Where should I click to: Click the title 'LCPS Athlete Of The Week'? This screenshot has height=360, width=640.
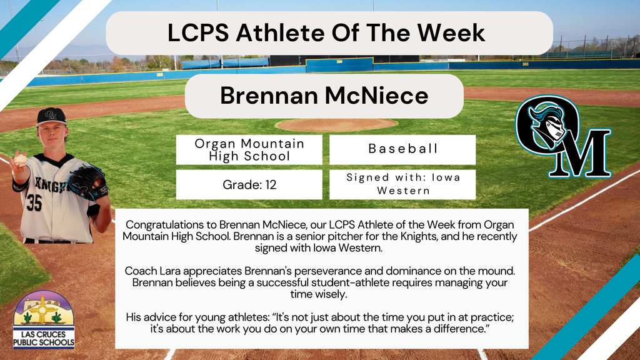(x=326, y=32)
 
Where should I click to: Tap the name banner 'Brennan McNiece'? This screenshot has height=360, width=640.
(x=324, y=96)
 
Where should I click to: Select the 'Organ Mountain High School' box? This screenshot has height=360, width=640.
(x=249, y=150)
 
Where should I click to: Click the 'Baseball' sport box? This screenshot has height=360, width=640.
(x=402, y=149)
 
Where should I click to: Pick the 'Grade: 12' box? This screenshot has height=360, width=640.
(x=249, y=184)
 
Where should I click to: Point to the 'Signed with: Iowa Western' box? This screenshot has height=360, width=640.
(x=402, y=184)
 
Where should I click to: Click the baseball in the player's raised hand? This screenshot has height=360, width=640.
(x=21, y=159)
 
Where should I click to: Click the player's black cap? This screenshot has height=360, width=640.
(x=51, y=116)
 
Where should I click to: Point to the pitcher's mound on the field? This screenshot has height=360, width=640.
(x=336, y=124)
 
